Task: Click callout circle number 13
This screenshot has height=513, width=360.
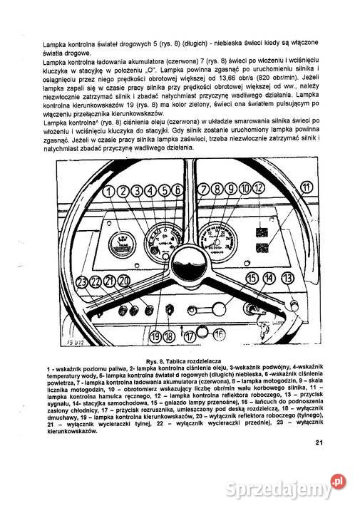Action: (287, 279)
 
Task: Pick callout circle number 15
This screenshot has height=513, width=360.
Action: (252, 278)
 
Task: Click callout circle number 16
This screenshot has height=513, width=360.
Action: (218, 333)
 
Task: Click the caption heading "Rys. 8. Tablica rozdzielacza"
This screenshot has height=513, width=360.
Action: (185, 361)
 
